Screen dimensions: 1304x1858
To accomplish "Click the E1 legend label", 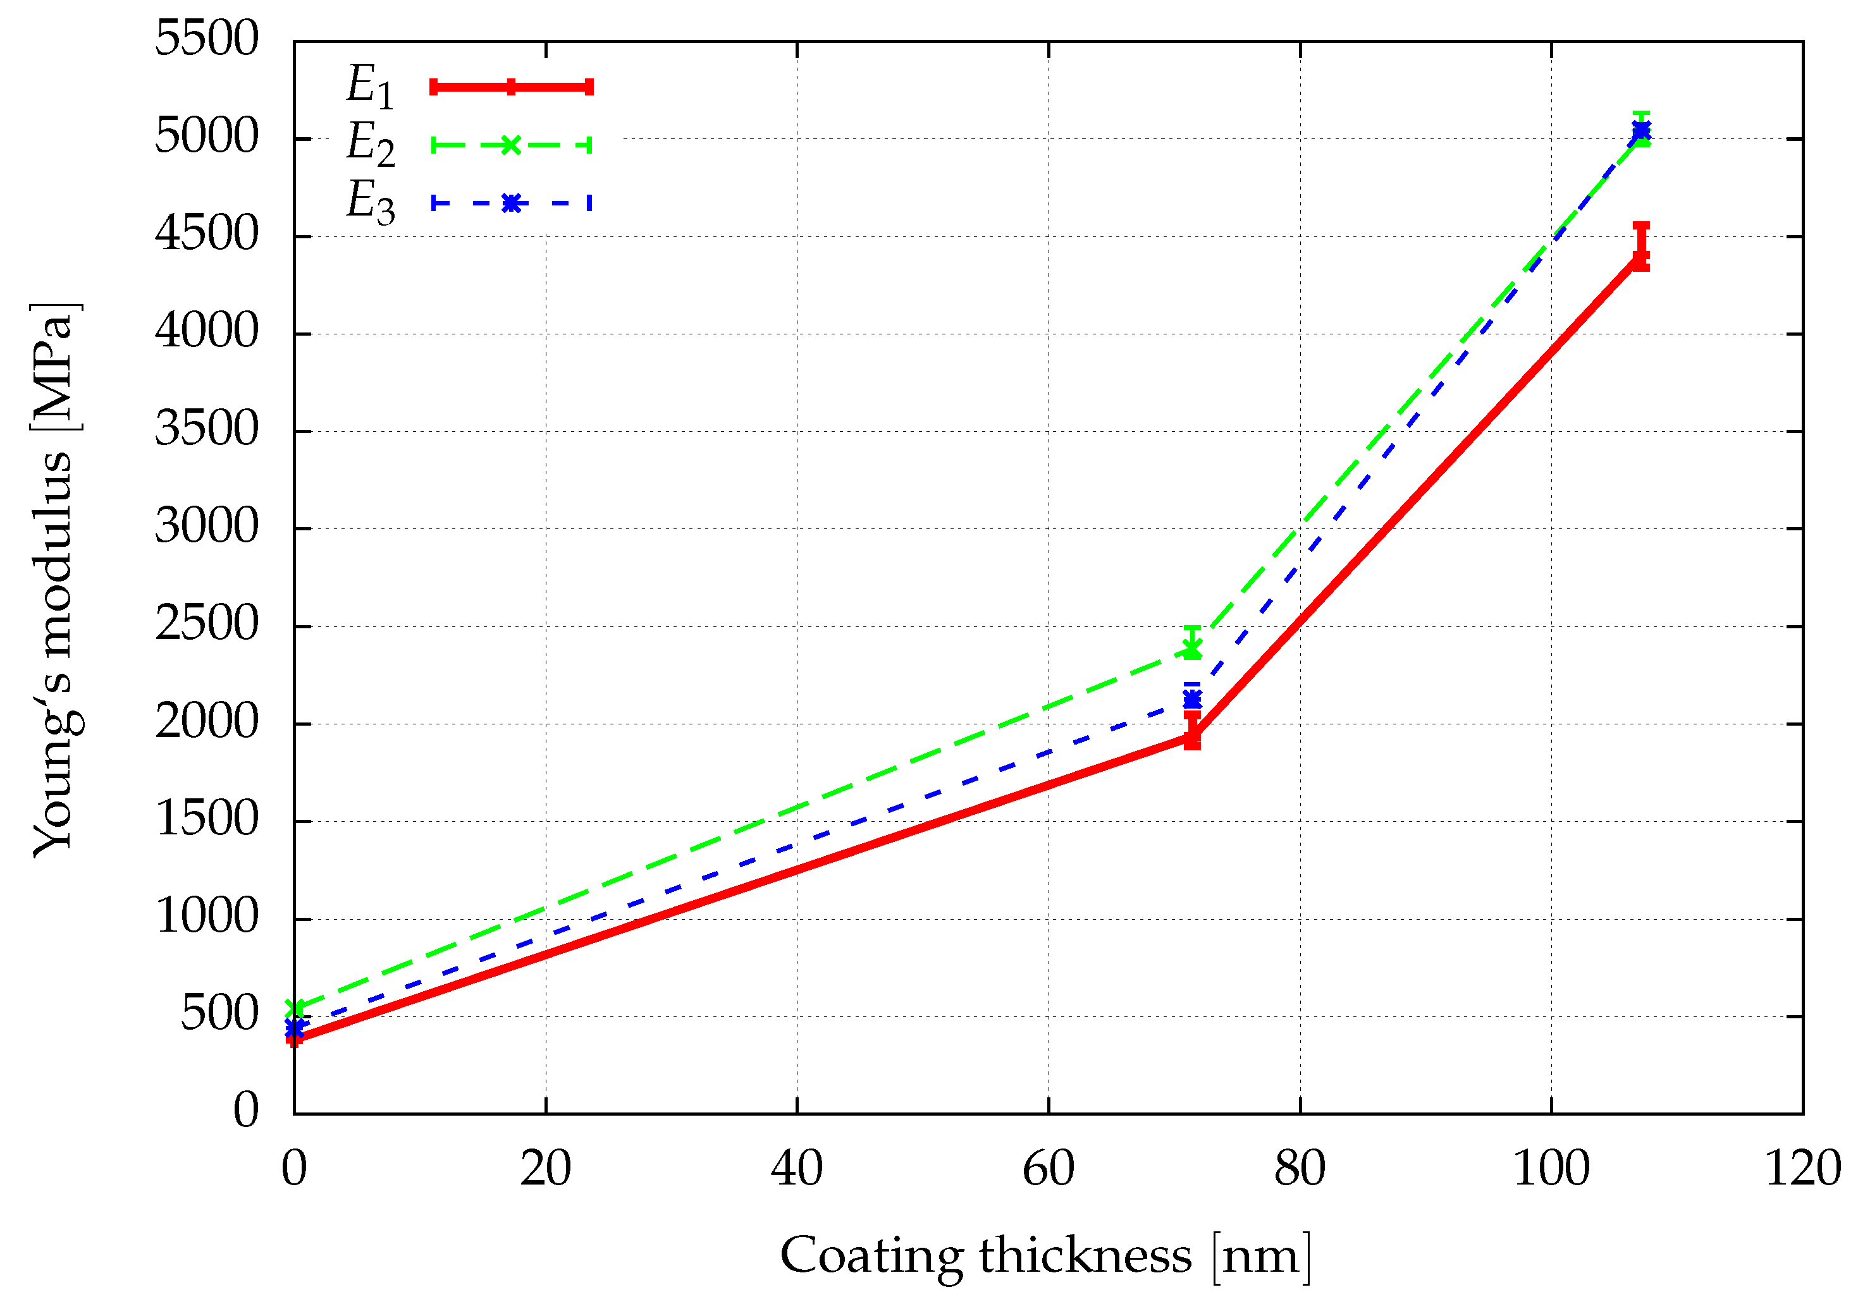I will click(x=371, y=86).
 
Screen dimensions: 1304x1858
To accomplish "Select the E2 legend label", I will click(x=371, y=144).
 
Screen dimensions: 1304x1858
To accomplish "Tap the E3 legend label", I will click(x=371, y=202).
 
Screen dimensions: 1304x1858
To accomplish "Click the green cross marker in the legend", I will click(x=510, y=145).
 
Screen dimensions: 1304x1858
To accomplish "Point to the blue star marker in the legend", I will click(x=510, y=203).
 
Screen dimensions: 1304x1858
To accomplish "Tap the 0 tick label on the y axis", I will click(x=246, y=1111).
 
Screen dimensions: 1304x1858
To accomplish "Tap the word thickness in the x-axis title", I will click(x=1085, y=1256).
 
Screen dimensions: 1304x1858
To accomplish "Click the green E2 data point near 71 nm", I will click(x=1192, y=648).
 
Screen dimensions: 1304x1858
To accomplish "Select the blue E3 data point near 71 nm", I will click(x=1192, y=698).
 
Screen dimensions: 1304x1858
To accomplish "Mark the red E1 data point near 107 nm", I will click(x=1641, y=257).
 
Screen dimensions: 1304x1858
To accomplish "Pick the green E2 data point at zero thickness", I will click(x=295, y=1008).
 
